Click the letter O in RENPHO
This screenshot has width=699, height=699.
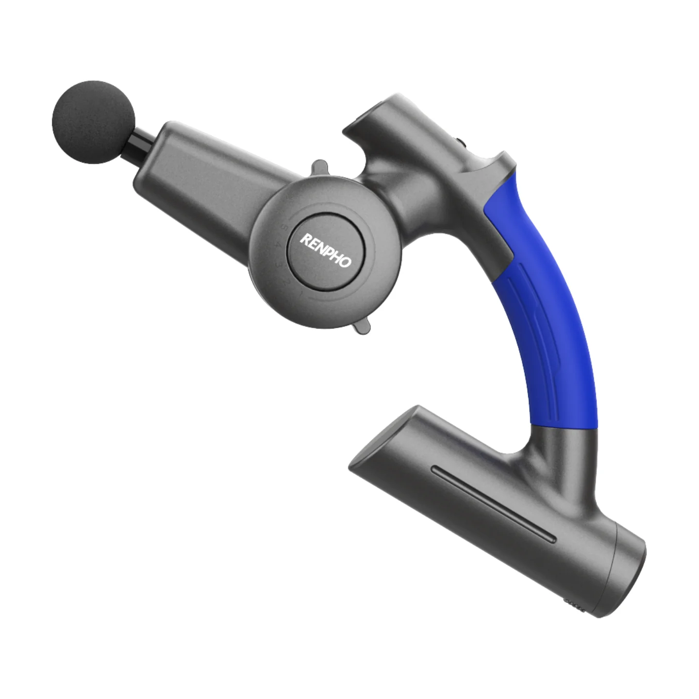tap(345, 262)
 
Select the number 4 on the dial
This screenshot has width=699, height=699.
tap(277, 246)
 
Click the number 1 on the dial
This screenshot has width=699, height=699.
tap(300, 294)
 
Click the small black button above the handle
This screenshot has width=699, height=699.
tap(459, 143)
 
